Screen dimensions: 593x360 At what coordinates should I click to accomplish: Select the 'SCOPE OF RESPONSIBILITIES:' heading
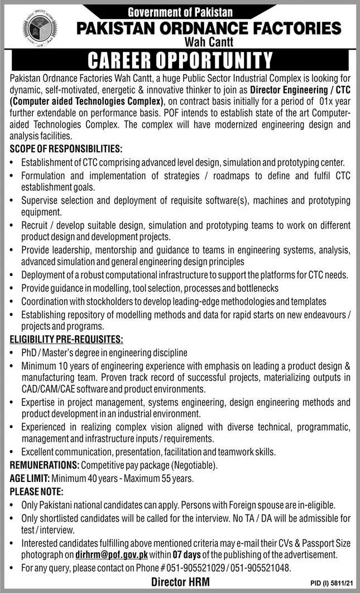(66, 150)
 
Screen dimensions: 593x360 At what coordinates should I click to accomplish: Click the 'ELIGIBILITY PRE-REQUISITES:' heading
(66, 339)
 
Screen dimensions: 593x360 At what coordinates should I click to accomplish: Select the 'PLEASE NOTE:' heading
(37, 491)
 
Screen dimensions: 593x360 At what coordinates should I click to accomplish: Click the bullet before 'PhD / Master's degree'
(12, 353)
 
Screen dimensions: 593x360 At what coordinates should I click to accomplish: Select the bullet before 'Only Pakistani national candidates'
(12, 505)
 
